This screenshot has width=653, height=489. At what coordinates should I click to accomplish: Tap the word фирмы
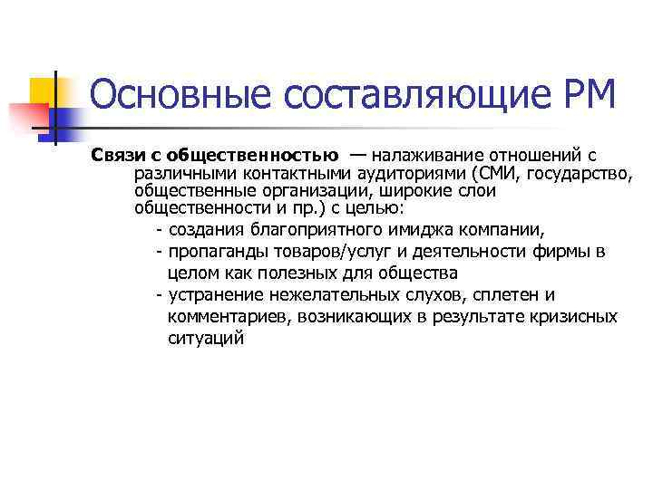(x=562, y=251)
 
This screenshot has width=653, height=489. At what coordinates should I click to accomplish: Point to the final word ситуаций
(x=206, y=339)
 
